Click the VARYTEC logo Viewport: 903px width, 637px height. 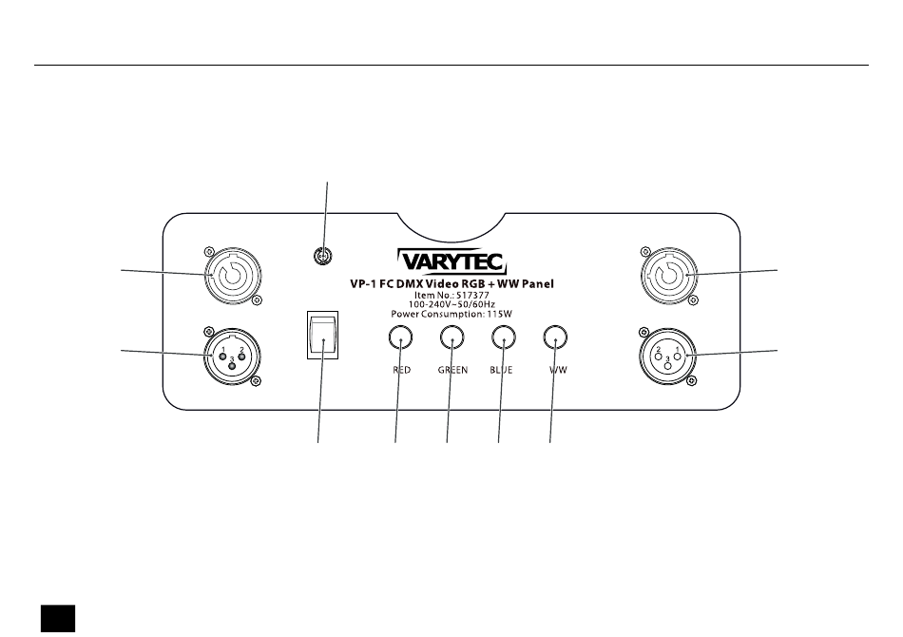pyautogui.click(x=451, y=260)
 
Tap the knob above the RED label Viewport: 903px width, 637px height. pyautogui.click(x=401, y=337)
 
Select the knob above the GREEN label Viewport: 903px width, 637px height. pyautogui.click(x=451, y=337)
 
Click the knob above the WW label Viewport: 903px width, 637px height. pyautogui.click(x=554, y=337)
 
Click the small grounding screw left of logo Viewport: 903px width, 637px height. pyautogui.click(x=323, y=256)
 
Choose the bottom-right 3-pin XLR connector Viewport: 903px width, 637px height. pyautogui.click(x=668, y=354)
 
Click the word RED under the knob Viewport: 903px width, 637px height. pyautogui.click(x=401, y=370)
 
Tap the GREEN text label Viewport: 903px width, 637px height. pyautogui.click(x=452, y=370)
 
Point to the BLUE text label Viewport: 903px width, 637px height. pyautogui.click(x=502, y=370)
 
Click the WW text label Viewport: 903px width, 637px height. pyautogui.click(x=557, y=370)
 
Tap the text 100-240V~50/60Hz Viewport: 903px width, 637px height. pyautogui.click(x=451, y=303)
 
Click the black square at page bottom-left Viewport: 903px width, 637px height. pyautogui.click(x=57, y=618)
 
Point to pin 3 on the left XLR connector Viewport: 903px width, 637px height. pyautogui.click(x=231, y=360)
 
